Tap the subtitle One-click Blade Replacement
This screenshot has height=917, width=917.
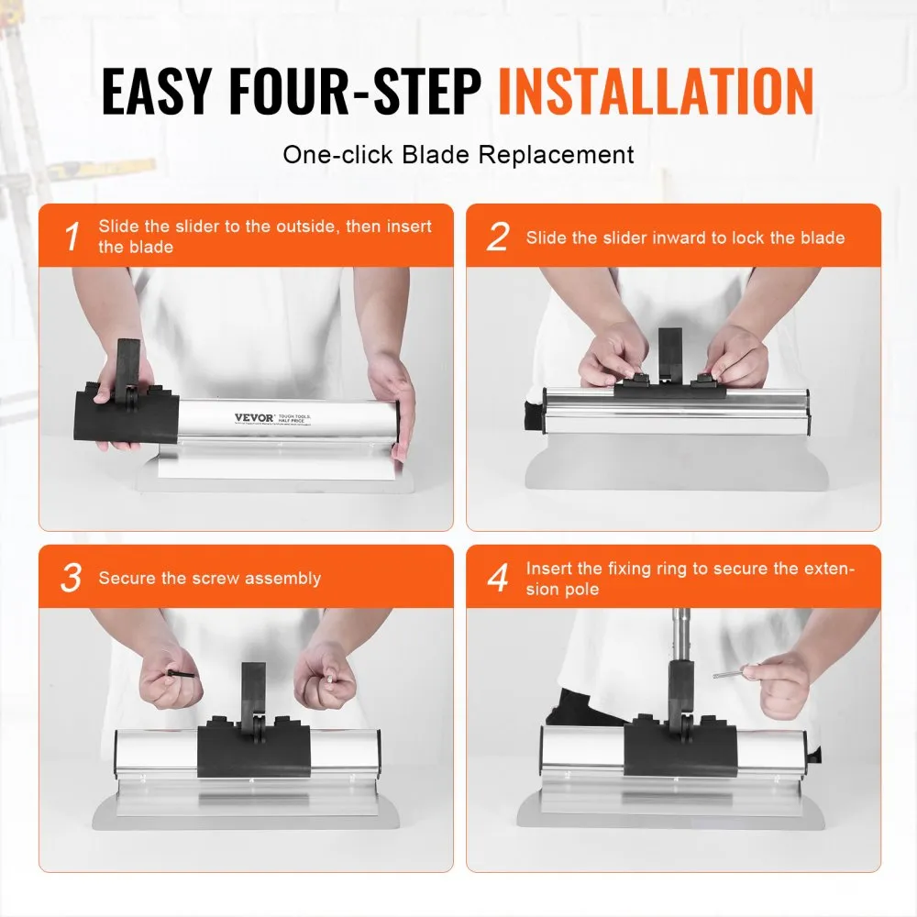[458, 154]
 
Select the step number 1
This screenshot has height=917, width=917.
[72, 238]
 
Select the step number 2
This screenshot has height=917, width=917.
[497, 238]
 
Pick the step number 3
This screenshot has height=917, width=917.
[72, 579]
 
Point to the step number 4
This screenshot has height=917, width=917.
[497, 579]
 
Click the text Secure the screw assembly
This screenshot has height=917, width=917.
[209, 579]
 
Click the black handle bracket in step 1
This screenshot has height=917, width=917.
[126, 371]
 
